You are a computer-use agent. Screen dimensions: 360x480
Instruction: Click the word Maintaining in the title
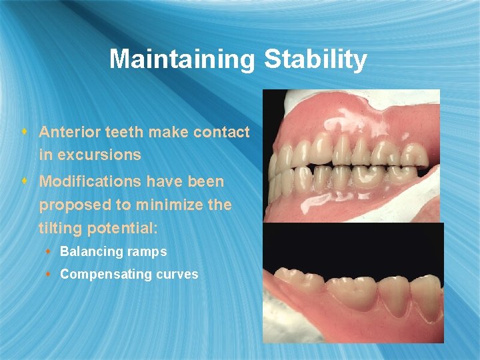point(182,59)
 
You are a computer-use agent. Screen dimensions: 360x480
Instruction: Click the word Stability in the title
point(315,59)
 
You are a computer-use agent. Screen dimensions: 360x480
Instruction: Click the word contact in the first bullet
point(221,132)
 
